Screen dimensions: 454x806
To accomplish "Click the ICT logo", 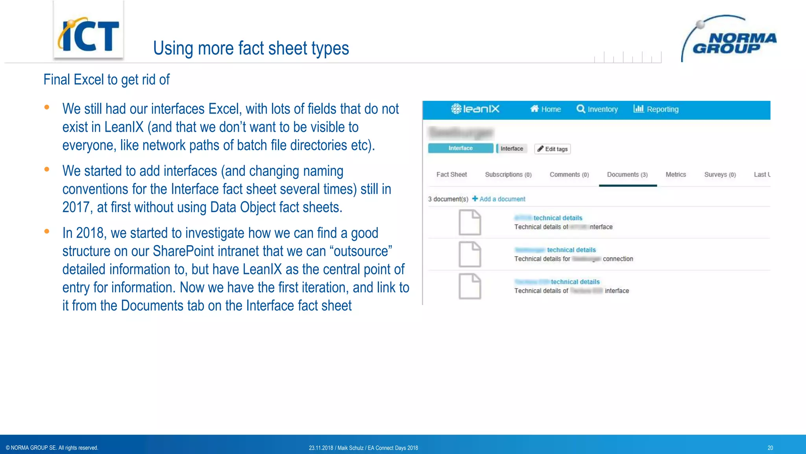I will [x=88, y=35].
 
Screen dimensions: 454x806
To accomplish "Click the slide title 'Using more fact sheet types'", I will [x=251, y=48].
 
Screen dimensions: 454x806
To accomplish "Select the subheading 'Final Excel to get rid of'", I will [x=106, y=80].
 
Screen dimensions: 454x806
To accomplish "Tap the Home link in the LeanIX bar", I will [x=545, y=109].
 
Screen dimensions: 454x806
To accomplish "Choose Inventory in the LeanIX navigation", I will [x=597, y=109].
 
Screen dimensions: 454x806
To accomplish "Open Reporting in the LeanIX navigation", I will [x=656, y=109].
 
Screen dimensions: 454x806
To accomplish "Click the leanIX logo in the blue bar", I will [x=475, y=109].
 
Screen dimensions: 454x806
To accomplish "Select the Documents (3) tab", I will [x=627, y=175].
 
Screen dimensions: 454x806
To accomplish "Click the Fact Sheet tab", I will [x=451, y=175].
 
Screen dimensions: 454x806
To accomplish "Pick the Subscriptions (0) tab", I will [x=508, y=175].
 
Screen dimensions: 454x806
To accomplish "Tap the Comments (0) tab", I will [x=569, y=175].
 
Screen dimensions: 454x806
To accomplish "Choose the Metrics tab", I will [x=676, y=175].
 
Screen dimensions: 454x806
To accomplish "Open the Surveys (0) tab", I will [x=720, y=175].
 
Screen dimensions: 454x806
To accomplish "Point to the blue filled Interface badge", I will [x=460, y=148].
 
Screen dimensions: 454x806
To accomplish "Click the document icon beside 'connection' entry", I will [x=470, y=255].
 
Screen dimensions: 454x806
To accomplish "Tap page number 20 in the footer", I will [x=770, y=448].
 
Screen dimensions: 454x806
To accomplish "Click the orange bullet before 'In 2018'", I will [x=47, y=232].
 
